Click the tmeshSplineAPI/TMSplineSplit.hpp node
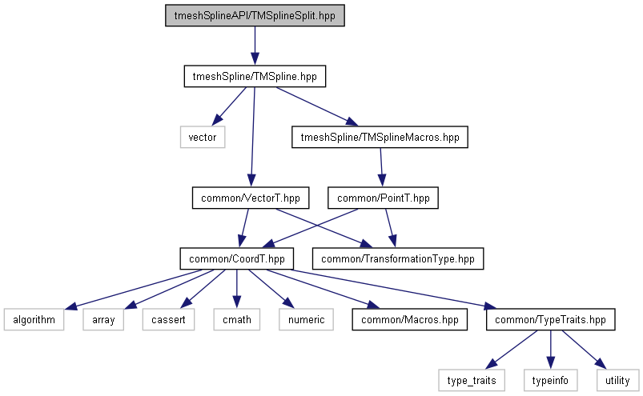(x=255, y=15)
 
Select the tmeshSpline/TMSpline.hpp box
(x=255, y=76)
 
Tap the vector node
(x=203, y=137)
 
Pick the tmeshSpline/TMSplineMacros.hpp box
(x=380, y=137)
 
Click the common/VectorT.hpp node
(x=251, y=198)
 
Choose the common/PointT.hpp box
(x=383, y=198)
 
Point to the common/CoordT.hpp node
(x=236, y=259)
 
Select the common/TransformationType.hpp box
(x=398, y=259)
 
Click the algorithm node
(x=34, y=319)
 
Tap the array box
(x=103, y=319)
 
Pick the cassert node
(x=168, y=319)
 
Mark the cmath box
(x=236, y=319)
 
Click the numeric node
(x=307, y=319)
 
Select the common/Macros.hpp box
(x=410, y=319)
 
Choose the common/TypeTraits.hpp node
(x=551, y=319)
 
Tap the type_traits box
(x=472, y=381)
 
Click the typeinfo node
(x=550, y=381)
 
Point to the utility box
(x=617, y=381)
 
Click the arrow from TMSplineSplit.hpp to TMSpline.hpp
(x=255, y=46)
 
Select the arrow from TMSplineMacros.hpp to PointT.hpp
(x=381, y=167)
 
